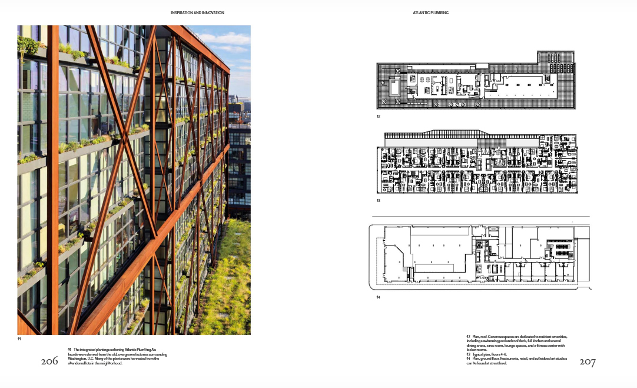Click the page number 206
49,361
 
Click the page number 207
587,362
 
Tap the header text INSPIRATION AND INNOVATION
197,12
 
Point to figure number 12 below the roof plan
379,117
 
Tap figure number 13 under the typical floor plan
379,200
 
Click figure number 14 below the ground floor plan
379,297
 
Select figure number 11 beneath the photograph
19,339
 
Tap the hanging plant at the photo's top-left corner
26,44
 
